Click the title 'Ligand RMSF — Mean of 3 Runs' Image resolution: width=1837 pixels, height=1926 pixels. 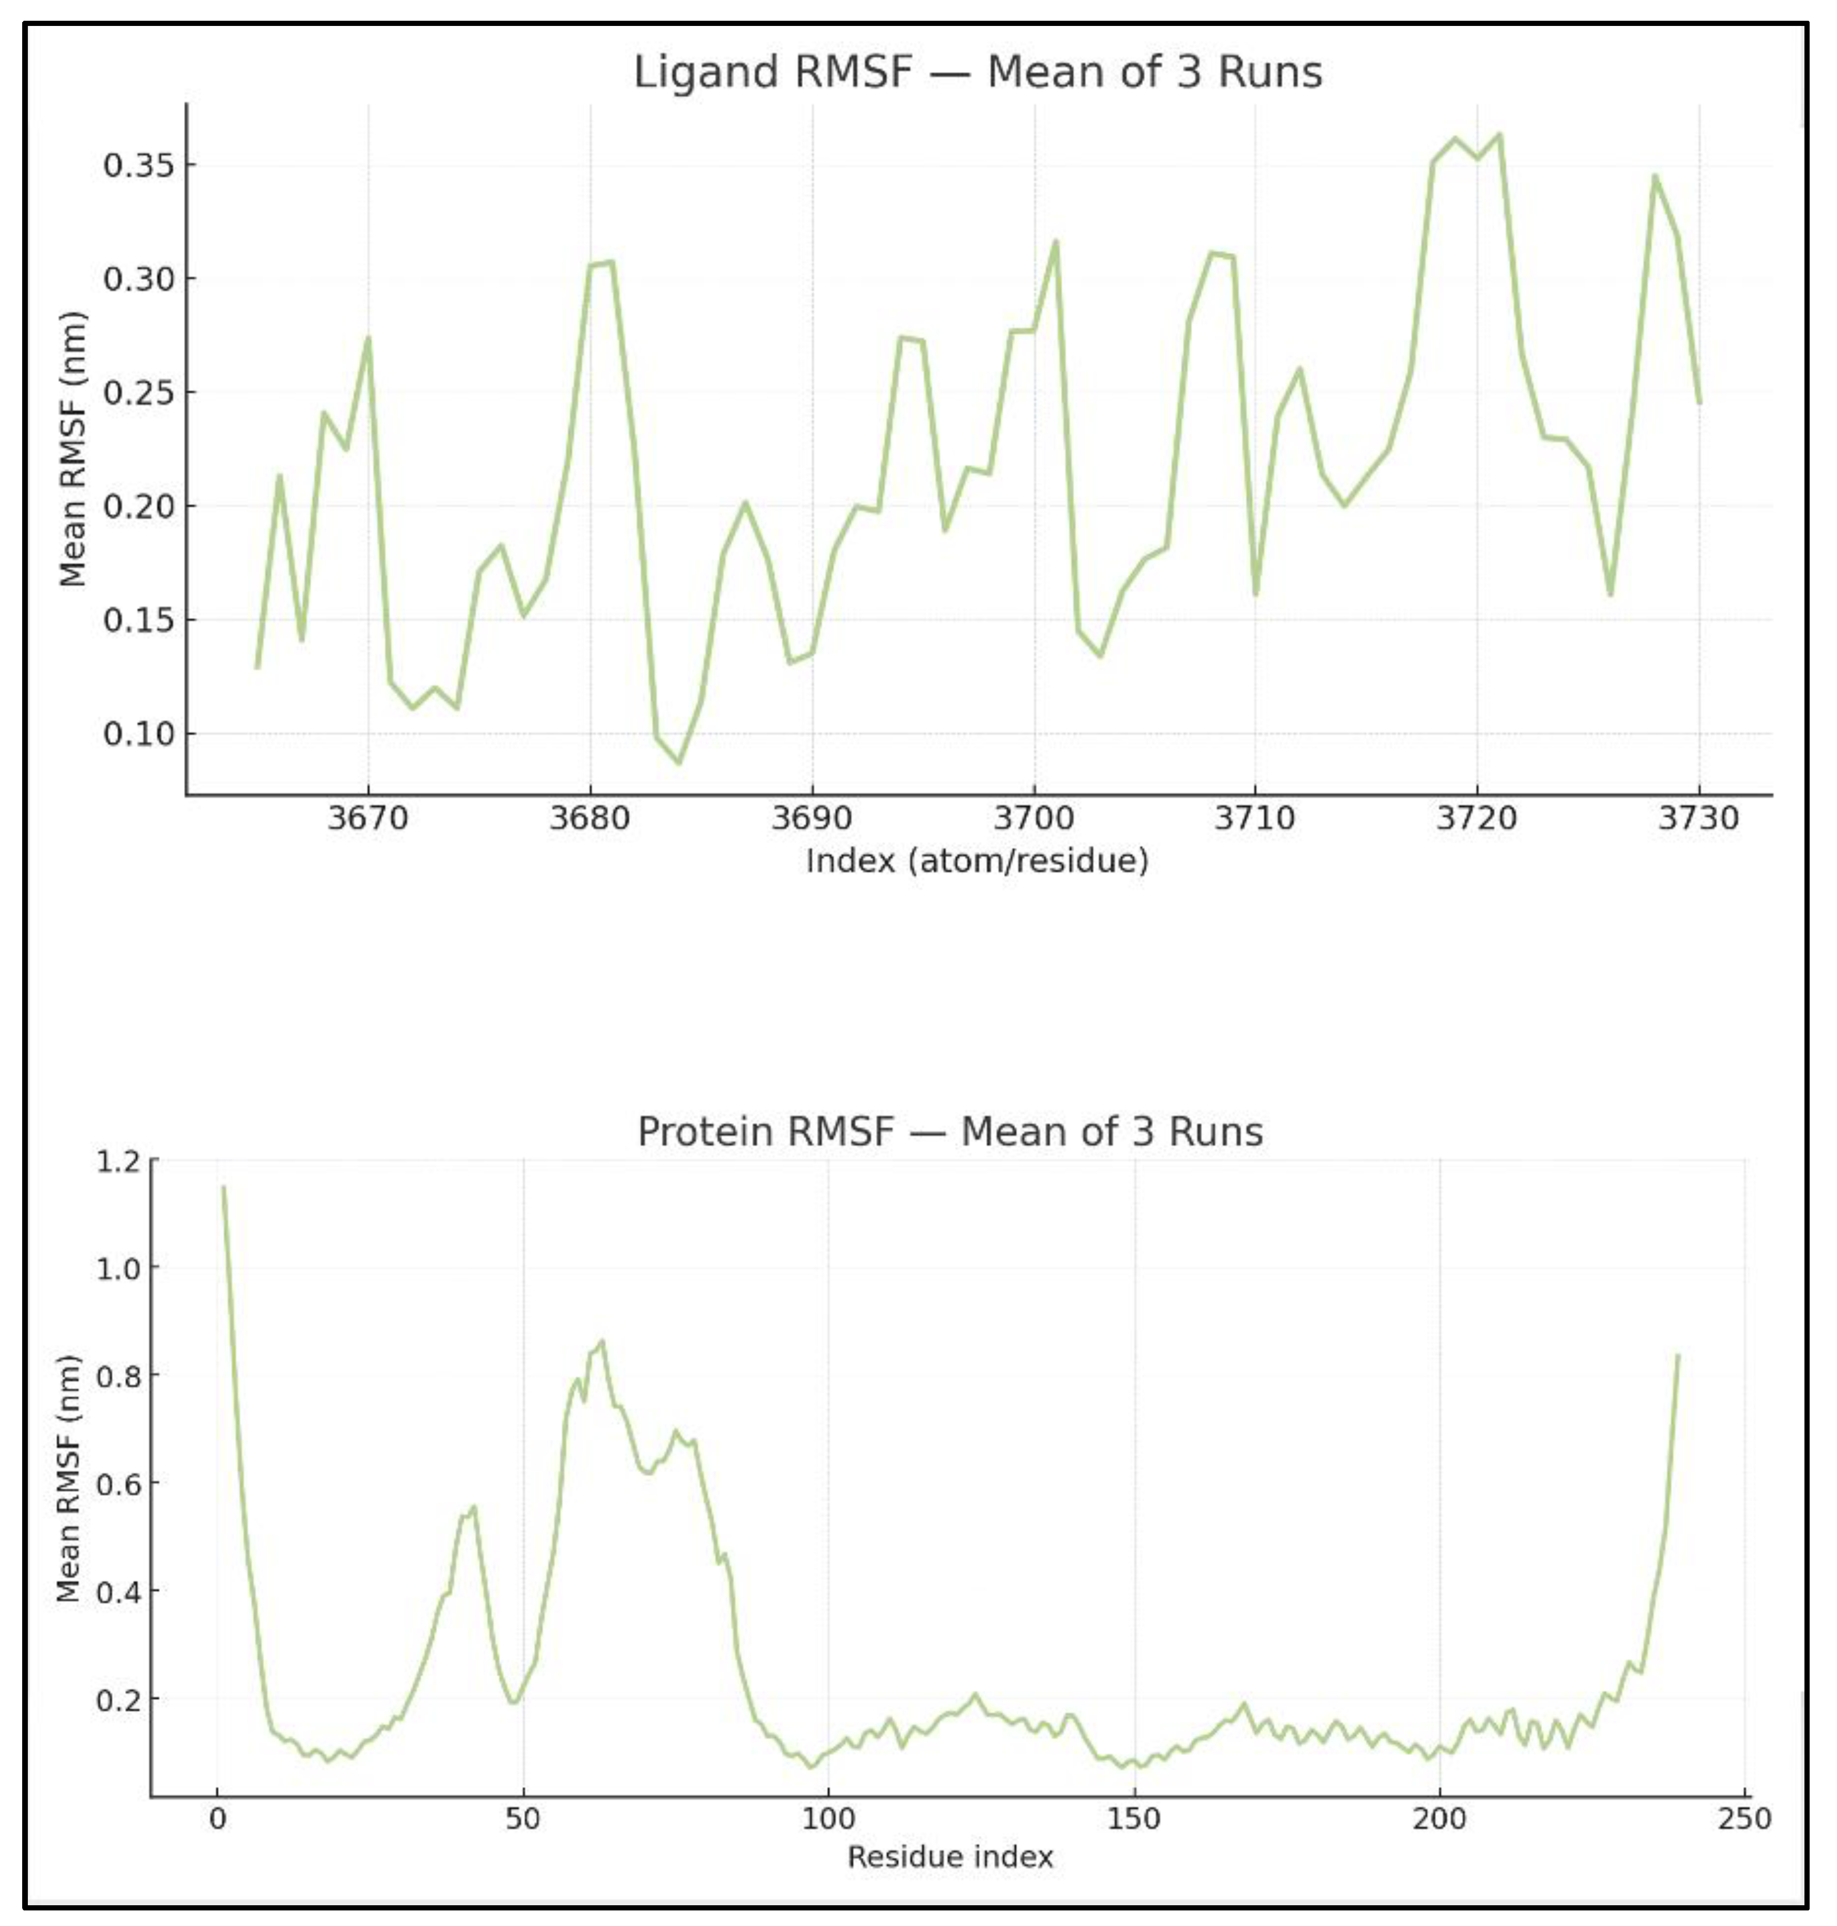[x=977, y=73]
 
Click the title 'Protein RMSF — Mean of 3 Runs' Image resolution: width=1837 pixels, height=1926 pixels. [x=950, y=1132]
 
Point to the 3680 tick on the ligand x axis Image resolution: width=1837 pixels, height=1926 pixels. [x=590, y=817]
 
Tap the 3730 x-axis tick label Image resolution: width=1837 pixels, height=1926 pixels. [x=1698, y=817]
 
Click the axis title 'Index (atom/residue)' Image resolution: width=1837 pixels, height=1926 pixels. [x=976, y=862]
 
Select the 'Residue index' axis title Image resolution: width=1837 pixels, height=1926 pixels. [x=950, y=1858]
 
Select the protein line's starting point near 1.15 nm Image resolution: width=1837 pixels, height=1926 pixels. [x=223, y=1188]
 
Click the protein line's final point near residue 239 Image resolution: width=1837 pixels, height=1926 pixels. [x=1678, y=1356]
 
